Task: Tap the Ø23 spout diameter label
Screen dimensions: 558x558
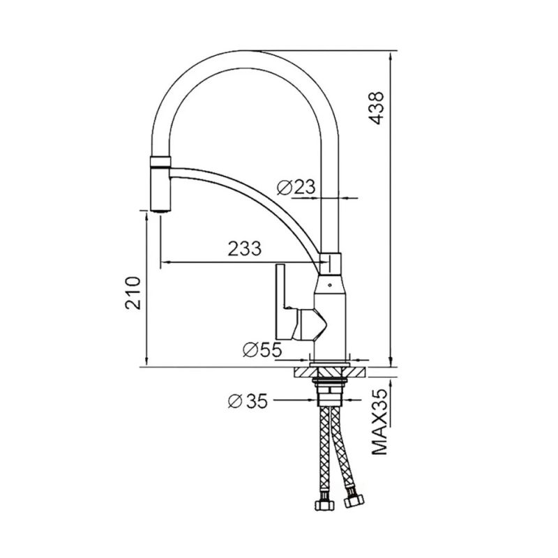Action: point(296,186)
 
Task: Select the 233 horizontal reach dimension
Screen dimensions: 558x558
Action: point(244,248)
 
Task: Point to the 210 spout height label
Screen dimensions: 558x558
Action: point(134,292)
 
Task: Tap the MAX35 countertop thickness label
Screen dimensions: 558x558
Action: point(378,422)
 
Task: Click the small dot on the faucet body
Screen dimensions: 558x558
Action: point(329,285)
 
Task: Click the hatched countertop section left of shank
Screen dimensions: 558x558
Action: point(303,370)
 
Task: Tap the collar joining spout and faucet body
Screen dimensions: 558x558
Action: point(330,264)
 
